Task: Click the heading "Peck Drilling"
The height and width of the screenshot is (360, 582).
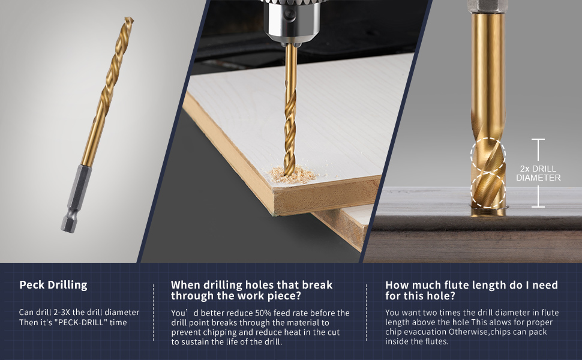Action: [53, 285]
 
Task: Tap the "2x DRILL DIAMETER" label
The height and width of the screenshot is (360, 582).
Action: [538, 173]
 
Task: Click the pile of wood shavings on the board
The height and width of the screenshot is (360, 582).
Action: [293, 175]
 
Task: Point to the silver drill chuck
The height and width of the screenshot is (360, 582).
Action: [292, 20]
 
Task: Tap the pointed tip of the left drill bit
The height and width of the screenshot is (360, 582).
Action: [130, 18]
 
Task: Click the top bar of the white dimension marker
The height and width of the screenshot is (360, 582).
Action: [538, 140]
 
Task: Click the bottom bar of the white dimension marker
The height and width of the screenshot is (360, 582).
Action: [538, 206]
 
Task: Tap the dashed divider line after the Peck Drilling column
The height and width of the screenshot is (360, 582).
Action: [153, 313]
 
